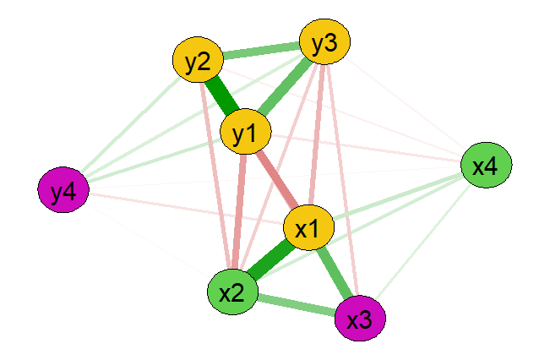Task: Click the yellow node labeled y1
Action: pyautogui.click(x=245, y=134)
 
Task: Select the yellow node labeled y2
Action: pyautogui.click(x=198, y=61)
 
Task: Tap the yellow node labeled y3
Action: pyautogui.click(x=324, y=44)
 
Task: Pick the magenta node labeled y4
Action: pyautogui.click(x=63, y=192)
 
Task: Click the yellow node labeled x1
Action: pyautogui.click(x=309, y=228)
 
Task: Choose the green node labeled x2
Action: pyautogui.click(x=232, y=292)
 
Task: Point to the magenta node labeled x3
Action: pyautogui.click(x=360, y=319)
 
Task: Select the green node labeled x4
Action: pyautogui.click(x=485, y=166)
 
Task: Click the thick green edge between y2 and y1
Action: pyautogui.click(x=221, y=97)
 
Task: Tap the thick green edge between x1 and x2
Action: pyautogui.click(x=270, y=260)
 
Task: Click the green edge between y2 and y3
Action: pyautogui.click(x=261, y=52)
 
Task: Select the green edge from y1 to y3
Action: pyautogui.click(x=285, y=89)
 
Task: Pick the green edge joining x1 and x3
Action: pyautogui.click(x=335, y=273)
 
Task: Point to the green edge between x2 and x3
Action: pyautogui.click(x=296, y=305)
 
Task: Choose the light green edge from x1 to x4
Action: pyautogui.click(x=397, y=197)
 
